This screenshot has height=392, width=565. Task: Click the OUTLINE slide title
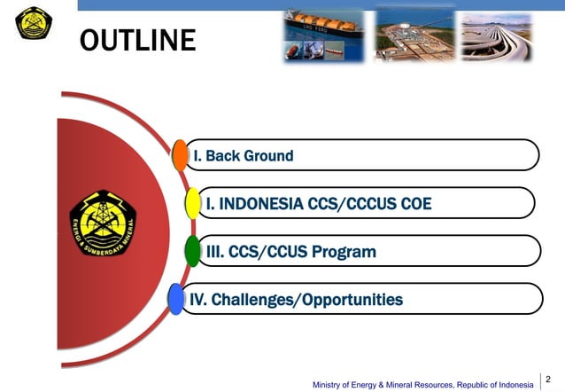(x=137, y=40)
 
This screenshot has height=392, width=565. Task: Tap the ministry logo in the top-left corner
(x=34, y=22)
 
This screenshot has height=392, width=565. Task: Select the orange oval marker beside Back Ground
(x=180, y=155)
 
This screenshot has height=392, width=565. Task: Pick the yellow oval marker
(x=192, y=203)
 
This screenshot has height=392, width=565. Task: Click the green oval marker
(x=192, y=251)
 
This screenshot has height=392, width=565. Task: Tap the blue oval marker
(x=176, y=299)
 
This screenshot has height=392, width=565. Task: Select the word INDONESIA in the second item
(x=260, y=204)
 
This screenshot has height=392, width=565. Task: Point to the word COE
(x=414, y=204)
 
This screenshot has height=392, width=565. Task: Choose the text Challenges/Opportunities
(x=306, y=300)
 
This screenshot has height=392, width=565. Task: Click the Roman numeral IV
(x=198, y=300)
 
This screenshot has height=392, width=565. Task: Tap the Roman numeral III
(x=214, y=252)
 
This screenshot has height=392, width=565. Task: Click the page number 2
(x=548, y=379)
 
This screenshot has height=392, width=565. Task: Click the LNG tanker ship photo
(x=324, y=35)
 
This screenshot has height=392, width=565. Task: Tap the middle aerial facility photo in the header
(x=414, y=35)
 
